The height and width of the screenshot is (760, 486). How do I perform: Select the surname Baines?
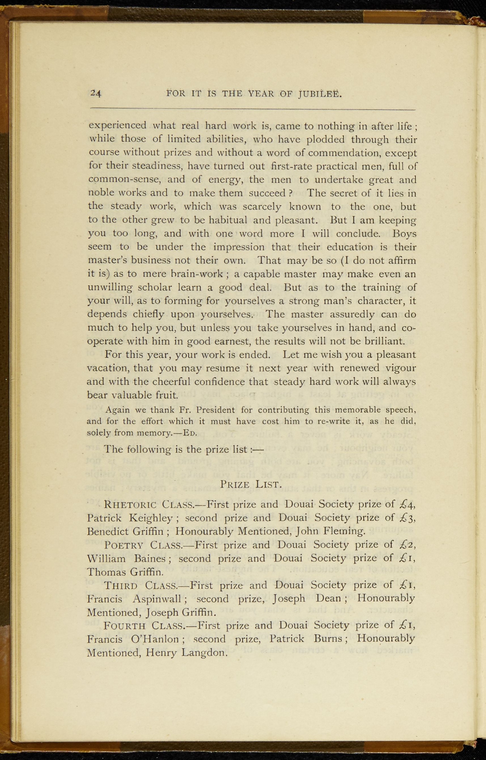tap(151, 558)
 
